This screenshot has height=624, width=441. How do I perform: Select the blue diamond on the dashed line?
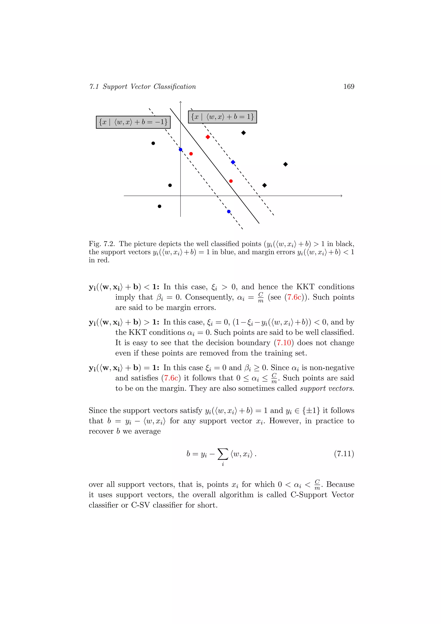(233, 162)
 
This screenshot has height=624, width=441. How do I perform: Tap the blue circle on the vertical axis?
(181, 150)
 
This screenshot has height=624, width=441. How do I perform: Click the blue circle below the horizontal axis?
(229, 211)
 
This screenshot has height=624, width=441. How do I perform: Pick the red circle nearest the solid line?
(231, 181)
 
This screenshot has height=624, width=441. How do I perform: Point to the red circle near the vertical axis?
(191, 154)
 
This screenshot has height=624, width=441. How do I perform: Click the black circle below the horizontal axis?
(159, 206)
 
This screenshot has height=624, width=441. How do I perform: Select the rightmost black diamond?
(285, 164)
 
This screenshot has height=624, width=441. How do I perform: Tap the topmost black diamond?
(244, 133)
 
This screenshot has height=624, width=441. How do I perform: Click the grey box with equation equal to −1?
(133, 122)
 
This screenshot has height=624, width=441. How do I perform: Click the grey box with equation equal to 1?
(222, 117)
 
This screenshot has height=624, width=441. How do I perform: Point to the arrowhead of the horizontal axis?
(341, 196)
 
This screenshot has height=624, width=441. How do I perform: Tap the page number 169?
(349, 86)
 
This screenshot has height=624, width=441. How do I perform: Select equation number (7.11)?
(344, 454)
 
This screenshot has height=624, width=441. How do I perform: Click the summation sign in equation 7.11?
(223, 454)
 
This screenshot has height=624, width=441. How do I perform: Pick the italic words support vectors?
(327, 388)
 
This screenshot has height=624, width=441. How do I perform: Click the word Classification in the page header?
(175, 86)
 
